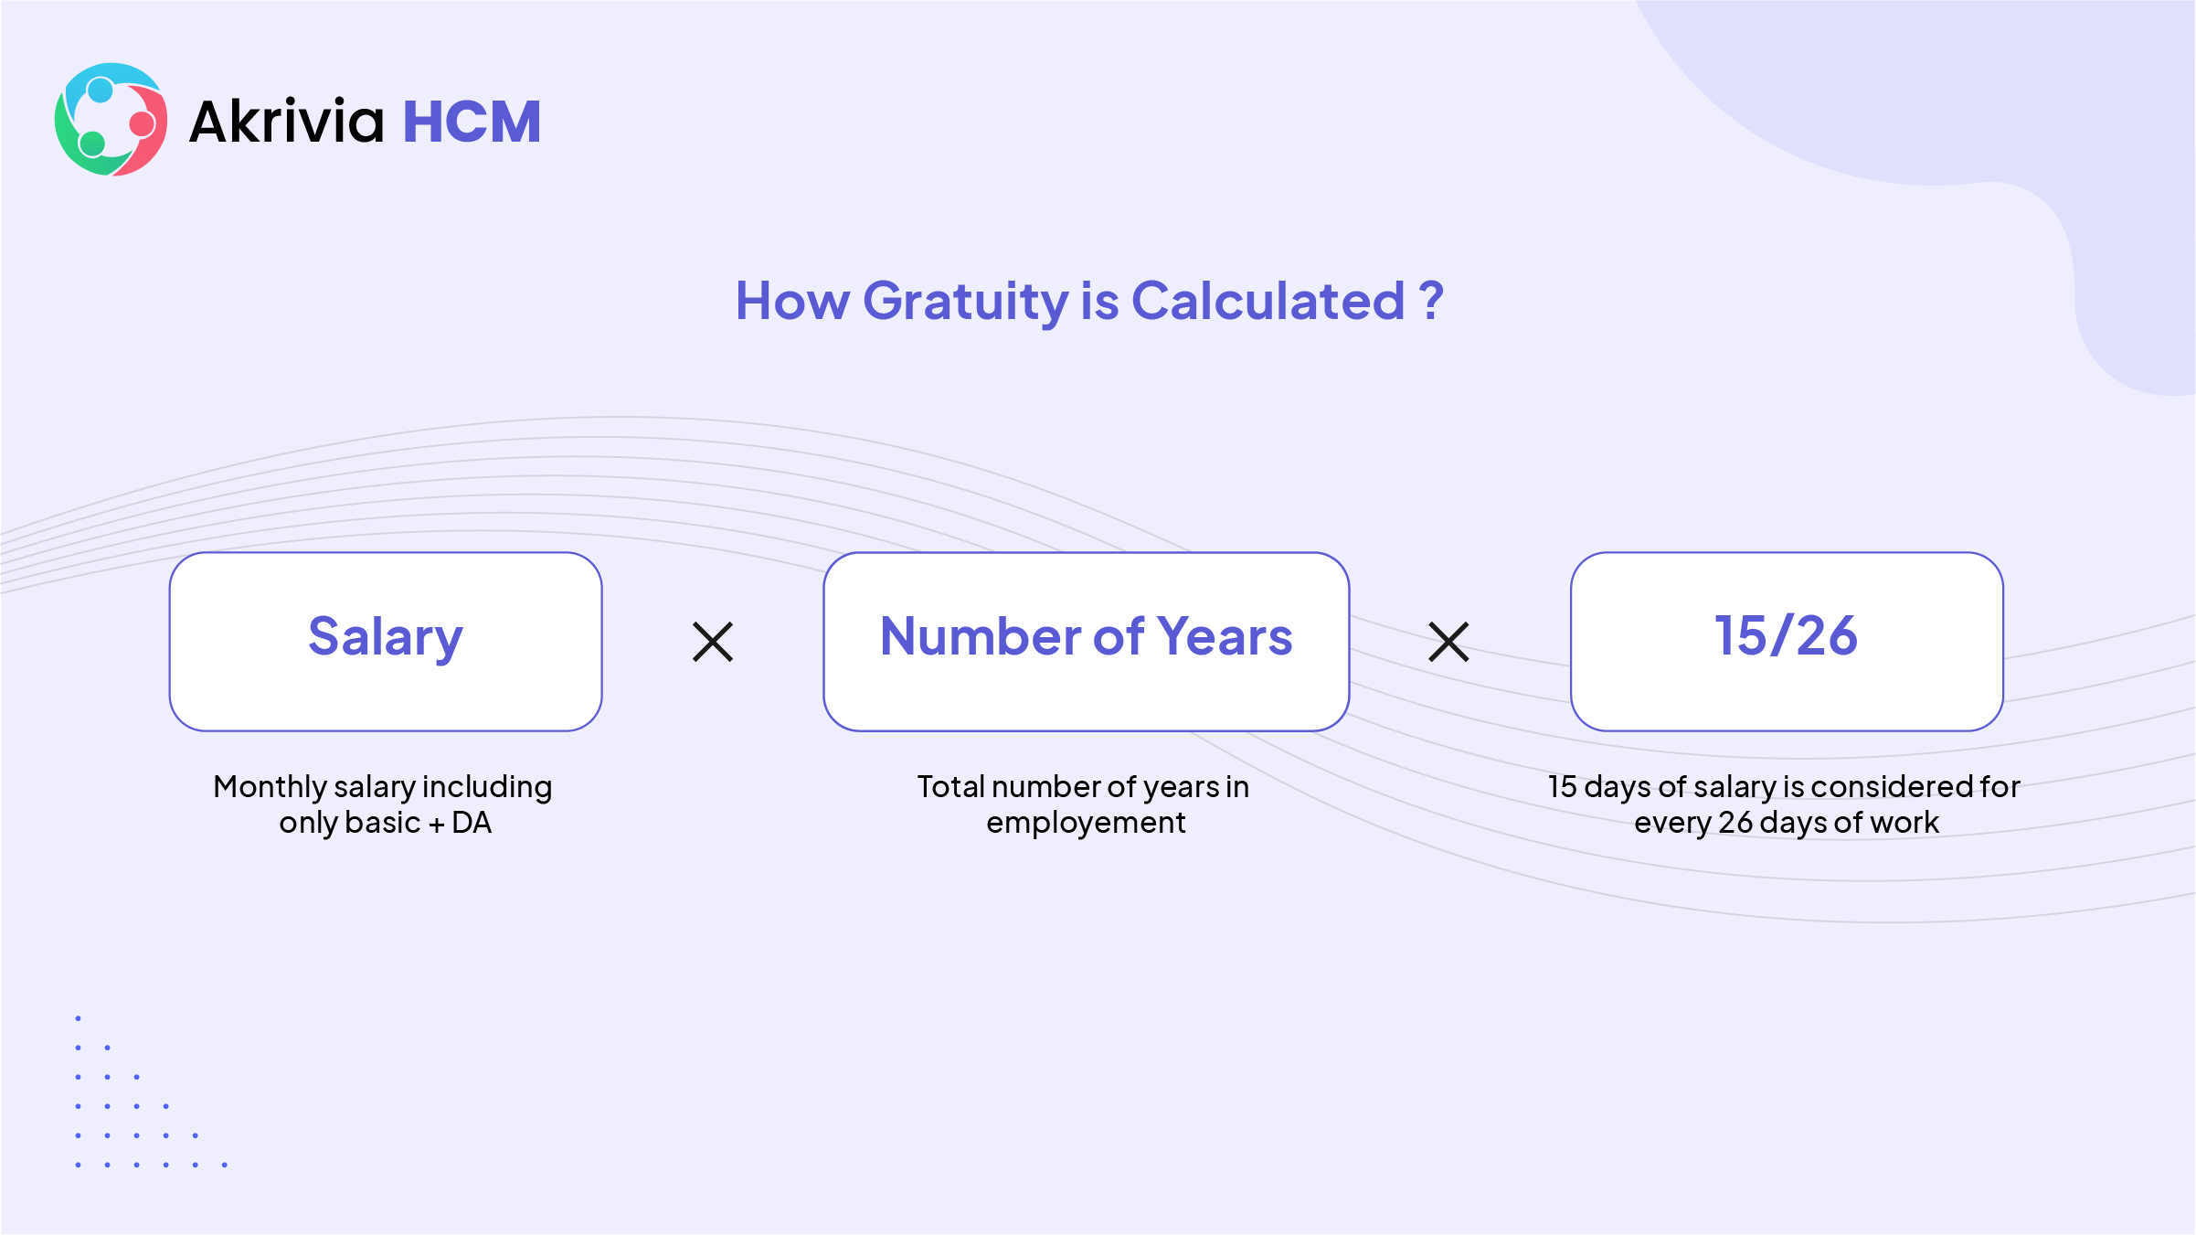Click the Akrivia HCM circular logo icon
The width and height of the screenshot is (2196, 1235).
[x=111, y=120]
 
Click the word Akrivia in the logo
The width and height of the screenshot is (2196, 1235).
[x=287, y=122]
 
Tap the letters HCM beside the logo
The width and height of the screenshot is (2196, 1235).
[x=472, y=122]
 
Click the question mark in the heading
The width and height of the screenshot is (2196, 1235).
[x=1431, y=300]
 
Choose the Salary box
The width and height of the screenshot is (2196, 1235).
[x=386, y=642]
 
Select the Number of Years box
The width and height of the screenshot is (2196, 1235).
[x=1086, y=642]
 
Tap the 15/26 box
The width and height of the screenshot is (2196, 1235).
[x=1787, y=642]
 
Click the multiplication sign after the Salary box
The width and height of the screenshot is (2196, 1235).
[x=713, y=642]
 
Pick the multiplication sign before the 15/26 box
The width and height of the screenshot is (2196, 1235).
[x=1448, y=642]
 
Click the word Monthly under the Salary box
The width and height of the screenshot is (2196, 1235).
[x=270, y=788]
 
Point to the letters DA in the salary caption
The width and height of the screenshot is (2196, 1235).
[x=472, y=823]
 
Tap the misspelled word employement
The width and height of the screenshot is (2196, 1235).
[x=1086, y=824]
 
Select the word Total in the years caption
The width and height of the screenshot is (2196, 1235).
[x=950, y=787]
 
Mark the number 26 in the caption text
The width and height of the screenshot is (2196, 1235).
[x=1735, y=823]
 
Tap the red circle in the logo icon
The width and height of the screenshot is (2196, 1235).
[x=142, y=123]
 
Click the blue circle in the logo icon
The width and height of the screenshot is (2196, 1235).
[x=101, y=90]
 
